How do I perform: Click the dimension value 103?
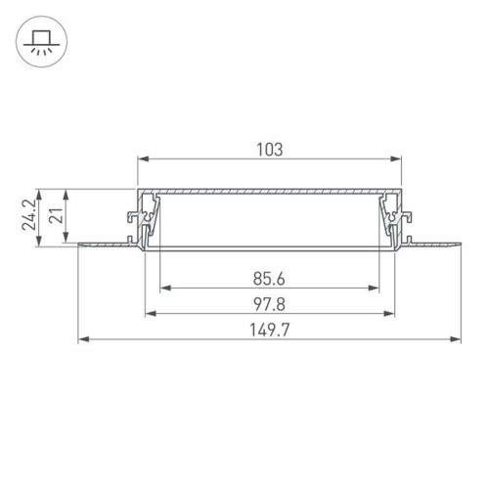[269, 150]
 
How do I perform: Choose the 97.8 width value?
[269, 305]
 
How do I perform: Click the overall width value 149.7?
[269, 331]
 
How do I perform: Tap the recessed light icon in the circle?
[41, 42]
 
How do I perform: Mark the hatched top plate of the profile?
[269, 190]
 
